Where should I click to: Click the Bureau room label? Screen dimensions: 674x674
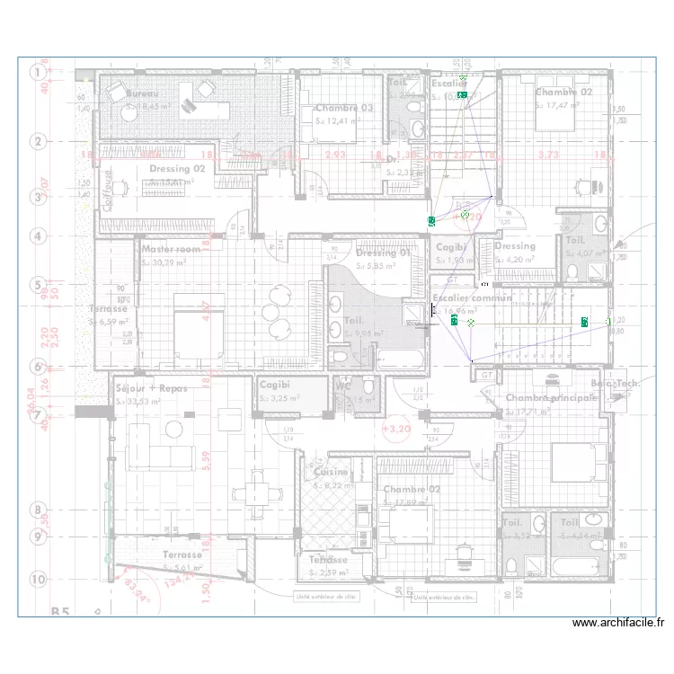[x=141, y=93]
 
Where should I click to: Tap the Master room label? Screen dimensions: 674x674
[x=171, y=249]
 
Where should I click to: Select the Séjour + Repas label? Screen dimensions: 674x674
[x=150, y=388]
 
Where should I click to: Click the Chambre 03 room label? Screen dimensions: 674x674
[x=343, y=108]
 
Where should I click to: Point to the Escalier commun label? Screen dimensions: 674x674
[x=472, y=297]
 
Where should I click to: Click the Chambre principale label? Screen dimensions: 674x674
[x=551, y=397]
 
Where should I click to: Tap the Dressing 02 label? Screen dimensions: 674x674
[x=177, y=168]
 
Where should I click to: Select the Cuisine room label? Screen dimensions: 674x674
[x=331, y=472]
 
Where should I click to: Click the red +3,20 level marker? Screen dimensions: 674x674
[x=395, y=430]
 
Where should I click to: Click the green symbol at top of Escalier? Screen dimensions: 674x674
[x=463, y=93]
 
